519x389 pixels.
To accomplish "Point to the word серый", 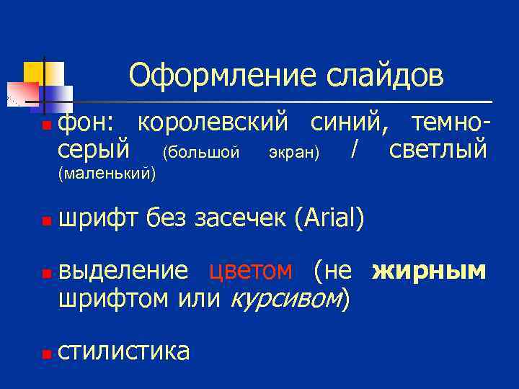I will [x=94, y=150].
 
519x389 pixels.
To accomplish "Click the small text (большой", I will [x=200, y=153].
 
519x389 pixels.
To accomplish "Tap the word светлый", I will [x=438, y=150].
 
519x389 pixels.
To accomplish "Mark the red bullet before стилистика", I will [x=46, y=354].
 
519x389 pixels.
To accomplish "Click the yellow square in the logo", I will [x=34, y=72].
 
